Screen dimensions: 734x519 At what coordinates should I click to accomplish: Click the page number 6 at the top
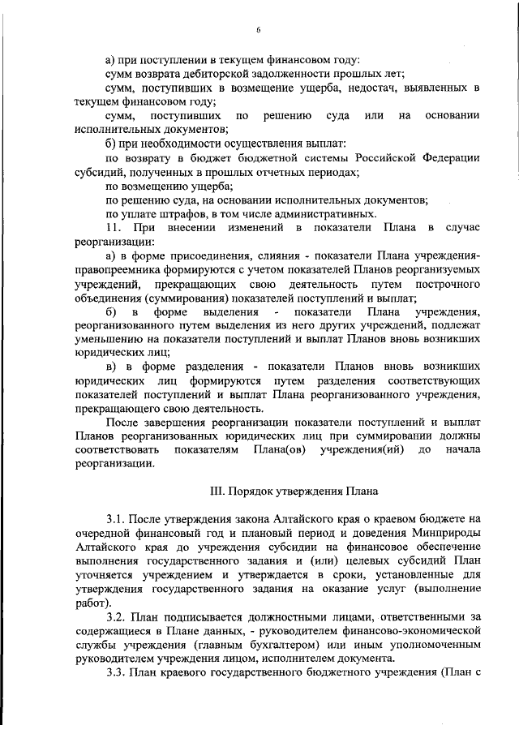259,30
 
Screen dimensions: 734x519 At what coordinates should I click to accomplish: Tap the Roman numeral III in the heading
217,492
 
